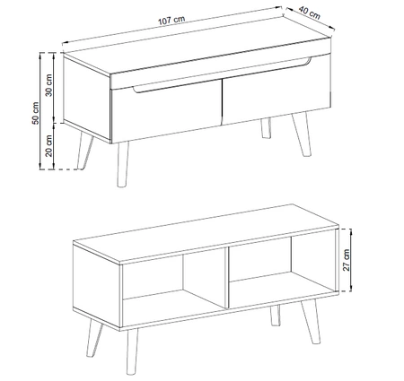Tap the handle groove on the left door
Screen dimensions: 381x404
pos(166,90)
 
